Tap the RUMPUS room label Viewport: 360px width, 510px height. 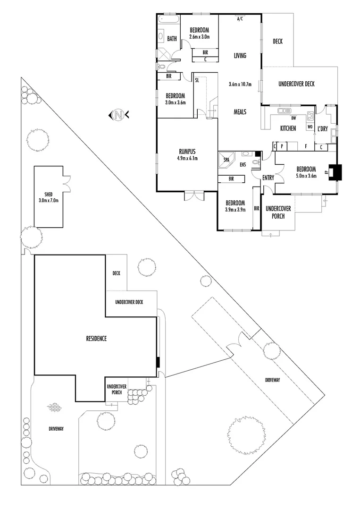click(x=187, y=151)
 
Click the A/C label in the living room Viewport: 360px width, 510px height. click(x=239, y=19)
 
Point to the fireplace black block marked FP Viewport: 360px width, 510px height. click(x=335, y=172)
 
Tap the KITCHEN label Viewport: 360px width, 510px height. click(x=288, y=128)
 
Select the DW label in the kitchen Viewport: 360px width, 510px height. click(x=293, y=118)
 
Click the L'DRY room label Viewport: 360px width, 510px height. click(x=323, y=129)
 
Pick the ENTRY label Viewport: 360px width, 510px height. click(x=268, y=177)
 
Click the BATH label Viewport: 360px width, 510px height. click(x=172, y=39)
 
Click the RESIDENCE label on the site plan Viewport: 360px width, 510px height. click(x=96, y=338)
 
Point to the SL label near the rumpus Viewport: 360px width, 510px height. click(x=197, y=81)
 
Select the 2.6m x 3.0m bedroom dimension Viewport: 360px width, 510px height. click(x=199, y=37)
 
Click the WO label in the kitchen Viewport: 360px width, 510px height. click(x=310, y=127)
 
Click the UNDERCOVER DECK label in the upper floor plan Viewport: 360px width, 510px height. click(x=296, y=84)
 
